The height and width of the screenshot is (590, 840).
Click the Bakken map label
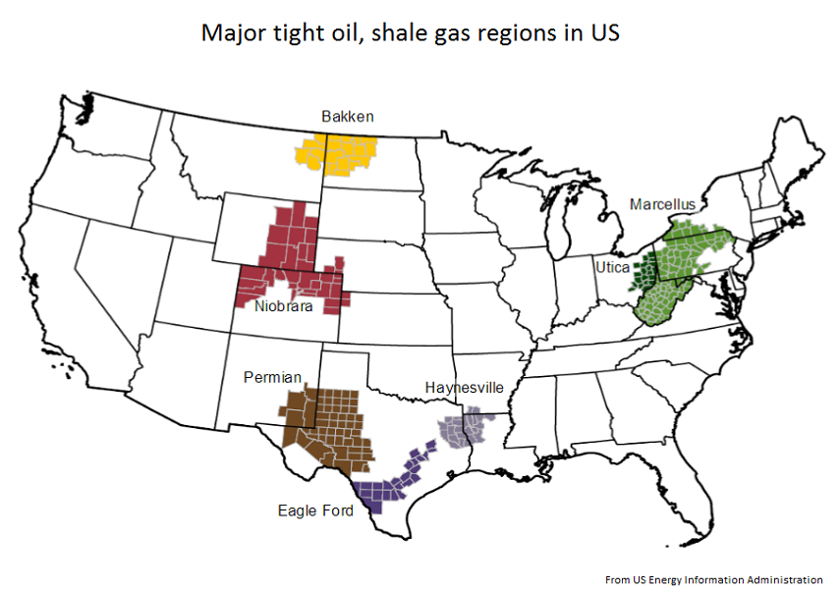point(348,117)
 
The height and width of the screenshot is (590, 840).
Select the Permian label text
point(272,377)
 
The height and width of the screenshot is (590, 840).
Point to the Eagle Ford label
point(315,511)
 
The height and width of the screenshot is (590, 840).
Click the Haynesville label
point(464,388)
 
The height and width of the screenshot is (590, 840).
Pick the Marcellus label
point(662,205)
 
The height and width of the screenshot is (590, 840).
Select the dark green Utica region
point(649,269)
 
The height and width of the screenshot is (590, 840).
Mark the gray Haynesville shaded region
point(461,429)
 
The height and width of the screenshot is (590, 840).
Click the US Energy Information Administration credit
point(713,580)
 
